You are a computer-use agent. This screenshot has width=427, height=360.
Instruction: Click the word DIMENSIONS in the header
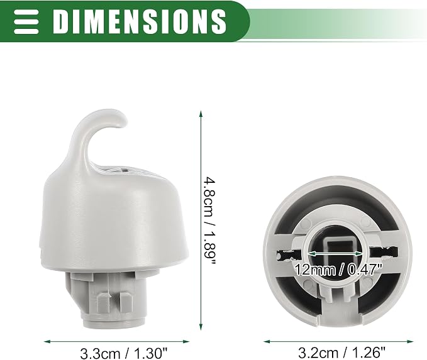pos(140,21)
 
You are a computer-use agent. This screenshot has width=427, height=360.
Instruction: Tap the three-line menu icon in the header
pos(26,22)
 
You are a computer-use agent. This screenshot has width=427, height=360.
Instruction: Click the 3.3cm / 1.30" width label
pos(123,354)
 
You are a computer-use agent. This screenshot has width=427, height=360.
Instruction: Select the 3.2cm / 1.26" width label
pos(341,353)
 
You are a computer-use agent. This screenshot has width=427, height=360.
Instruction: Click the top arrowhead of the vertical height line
pos(201,114)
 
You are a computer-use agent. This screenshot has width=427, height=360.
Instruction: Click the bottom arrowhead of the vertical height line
pos(201,327)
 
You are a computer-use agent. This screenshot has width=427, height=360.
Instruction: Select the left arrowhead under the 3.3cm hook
pos(47,342)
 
